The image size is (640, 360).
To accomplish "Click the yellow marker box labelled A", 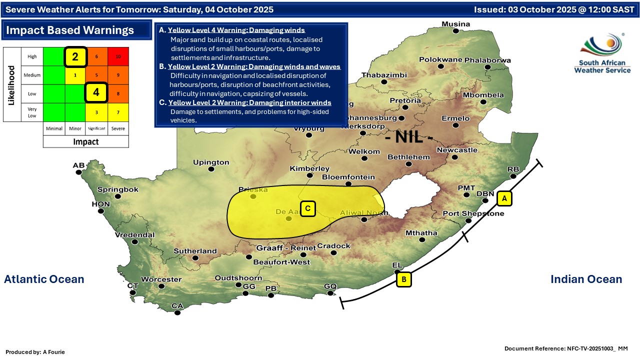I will coord(504,198).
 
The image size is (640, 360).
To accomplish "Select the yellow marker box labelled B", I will coord(403,279).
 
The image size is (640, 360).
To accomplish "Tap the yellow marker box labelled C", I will coord(308,208).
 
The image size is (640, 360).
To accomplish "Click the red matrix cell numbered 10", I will coord(118,56).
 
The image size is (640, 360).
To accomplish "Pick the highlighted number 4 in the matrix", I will coord(96,92).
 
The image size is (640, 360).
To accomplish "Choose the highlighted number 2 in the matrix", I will coord(75,56).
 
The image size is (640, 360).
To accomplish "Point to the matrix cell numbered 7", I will coord(118,112).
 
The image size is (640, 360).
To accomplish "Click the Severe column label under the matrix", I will coord(118,128).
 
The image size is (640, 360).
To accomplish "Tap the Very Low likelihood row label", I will coord(32,112).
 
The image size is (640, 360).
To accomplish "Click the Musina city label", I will coord(455,24).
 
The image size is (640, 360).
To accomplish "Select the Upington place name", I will coord(211,162).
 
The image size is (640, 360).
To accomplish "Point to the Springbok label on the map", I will coord(117,189).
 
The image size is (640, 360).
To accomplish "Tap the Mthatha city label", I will coord(421,233).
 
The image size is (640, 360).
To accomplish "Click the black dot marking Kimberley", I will coord(310,175).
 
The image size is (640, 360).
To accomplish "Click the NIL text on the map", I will coord(409,136).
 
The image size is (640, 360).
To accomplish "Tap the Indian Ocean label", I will coord(586,279).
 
